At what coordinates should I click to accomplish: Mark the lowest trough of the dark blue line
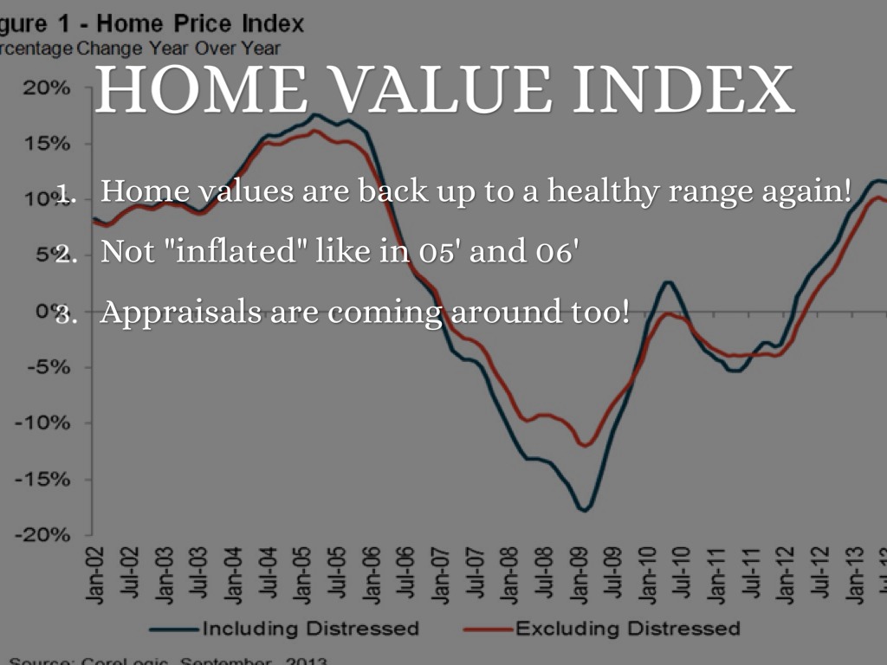(585, 510)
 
